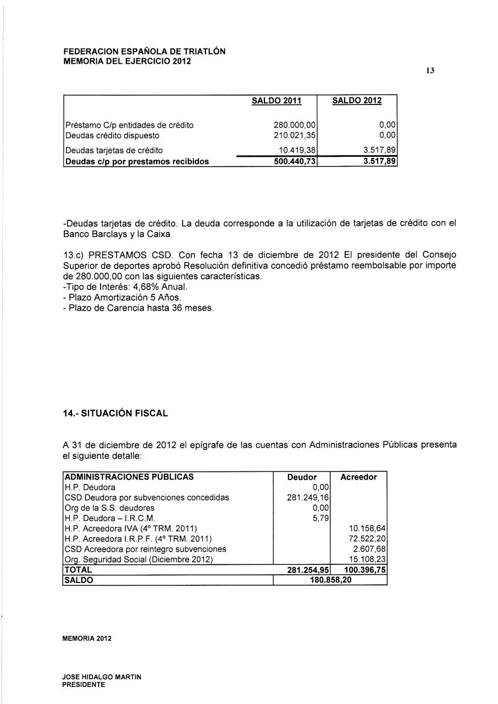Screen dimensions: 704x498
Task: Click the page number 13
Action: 430,71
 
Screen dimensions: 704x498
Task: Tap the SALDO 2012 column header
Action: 357,101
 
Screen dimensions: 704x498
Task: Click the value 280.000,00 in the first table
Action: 294,125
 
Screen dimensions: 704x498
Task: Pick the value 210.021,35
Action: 294,135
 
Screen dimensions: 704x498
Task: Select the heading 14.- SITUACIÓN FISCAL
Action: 115,413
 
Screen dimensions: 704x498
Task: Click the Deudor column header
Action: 302,477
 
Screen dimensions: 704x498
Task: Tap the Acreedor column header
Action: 358,477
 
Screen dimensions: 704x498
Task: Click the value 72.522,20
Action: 367,538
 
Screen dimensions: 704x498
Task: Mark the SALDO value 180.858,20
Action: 329,580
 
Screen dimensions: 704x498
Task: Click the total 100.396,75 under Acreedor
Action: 363,570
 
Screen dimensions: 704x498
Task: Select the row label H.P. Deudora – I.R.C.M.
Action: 110,518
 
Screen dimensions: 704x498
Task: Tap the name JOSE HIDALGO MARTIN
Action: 102,677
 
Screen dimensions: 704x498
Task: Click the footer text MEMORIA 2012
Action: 87,639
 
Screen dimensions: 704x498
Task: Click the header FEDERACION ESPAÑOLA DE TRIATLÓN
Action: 145,52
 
